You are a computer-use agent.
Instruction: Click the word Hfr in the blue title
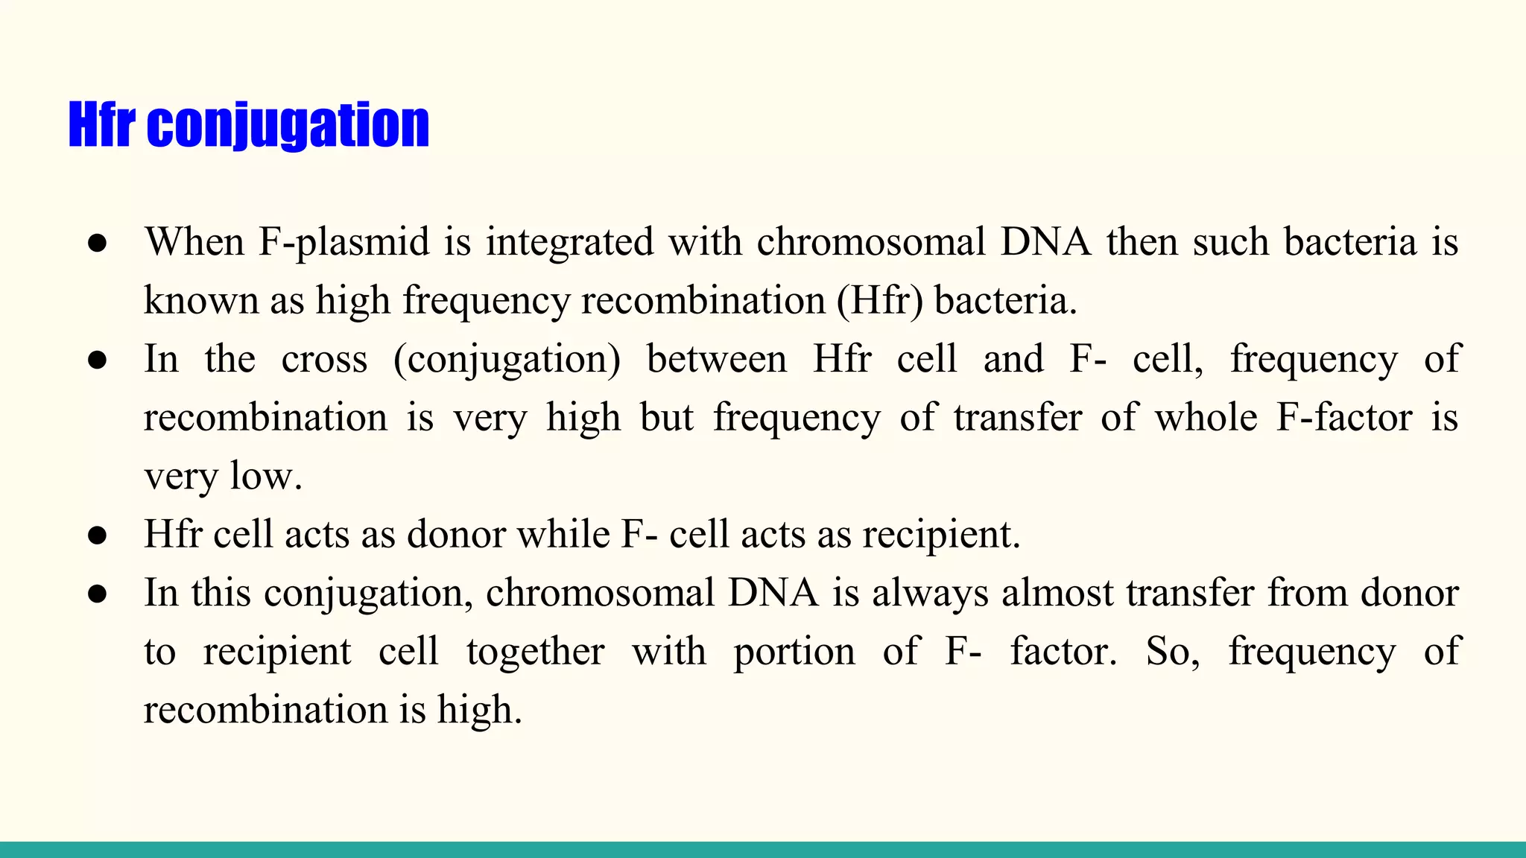click(x=101, y=125)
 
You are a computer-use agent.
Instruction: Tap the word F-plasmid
click(x=343, y=242)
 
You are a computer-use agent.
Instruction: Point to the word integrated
click(x=570, y=242)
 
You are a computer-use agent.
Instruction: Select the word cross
click(x=324, y=359)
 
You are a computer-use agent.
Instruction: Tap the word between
click(x=716, y=359)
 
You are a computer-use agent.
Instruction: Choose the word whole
click(x=1206, y=417)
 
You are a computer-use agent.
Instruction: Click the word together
click(x=535, y=652)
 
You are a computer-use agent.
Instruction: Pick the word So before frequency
click(x=1171, y=652)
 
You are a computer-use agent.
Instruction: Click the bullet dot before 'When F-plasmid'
click(x=98, y=244)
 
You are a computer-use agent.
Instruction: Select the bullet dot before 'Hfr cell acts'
click(x=98, y=536)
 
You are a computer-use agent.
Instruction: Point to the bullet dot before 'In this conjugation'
click(x=98, y=594)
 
